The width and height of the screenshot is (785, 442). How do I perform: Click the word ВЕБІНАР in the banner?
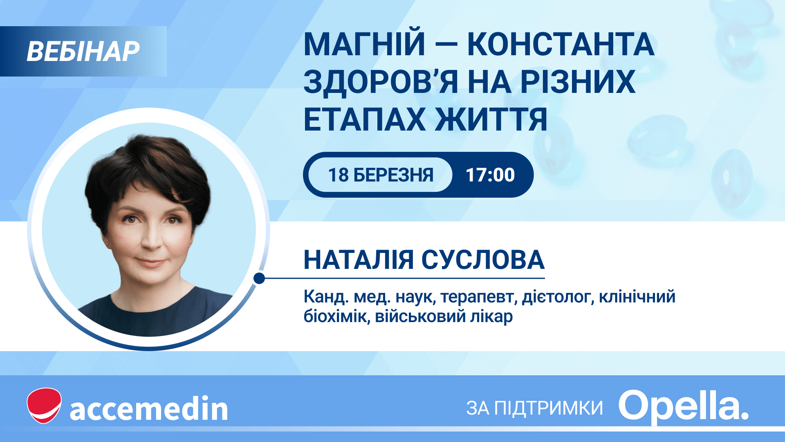click(83, 52)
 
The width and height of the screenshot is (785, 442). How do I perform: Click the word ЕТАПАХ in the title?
click(365, 120)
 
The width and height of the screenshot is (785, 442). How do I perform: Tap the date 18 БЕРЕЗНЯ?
click(381, 175)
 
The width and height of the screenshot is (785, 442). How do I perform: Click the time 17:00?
click(490, 175)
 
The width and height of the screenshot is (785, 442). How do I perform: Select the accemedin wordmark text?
click(149, 408)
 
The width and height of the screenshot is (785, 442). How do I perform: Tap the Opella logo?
click(684, 406)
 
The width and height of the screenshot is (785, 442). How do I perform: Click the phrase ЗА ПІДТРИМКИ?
click(535, 408)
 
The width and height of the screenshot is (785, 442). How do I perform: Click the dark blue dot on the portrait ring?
click(259, 278)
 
